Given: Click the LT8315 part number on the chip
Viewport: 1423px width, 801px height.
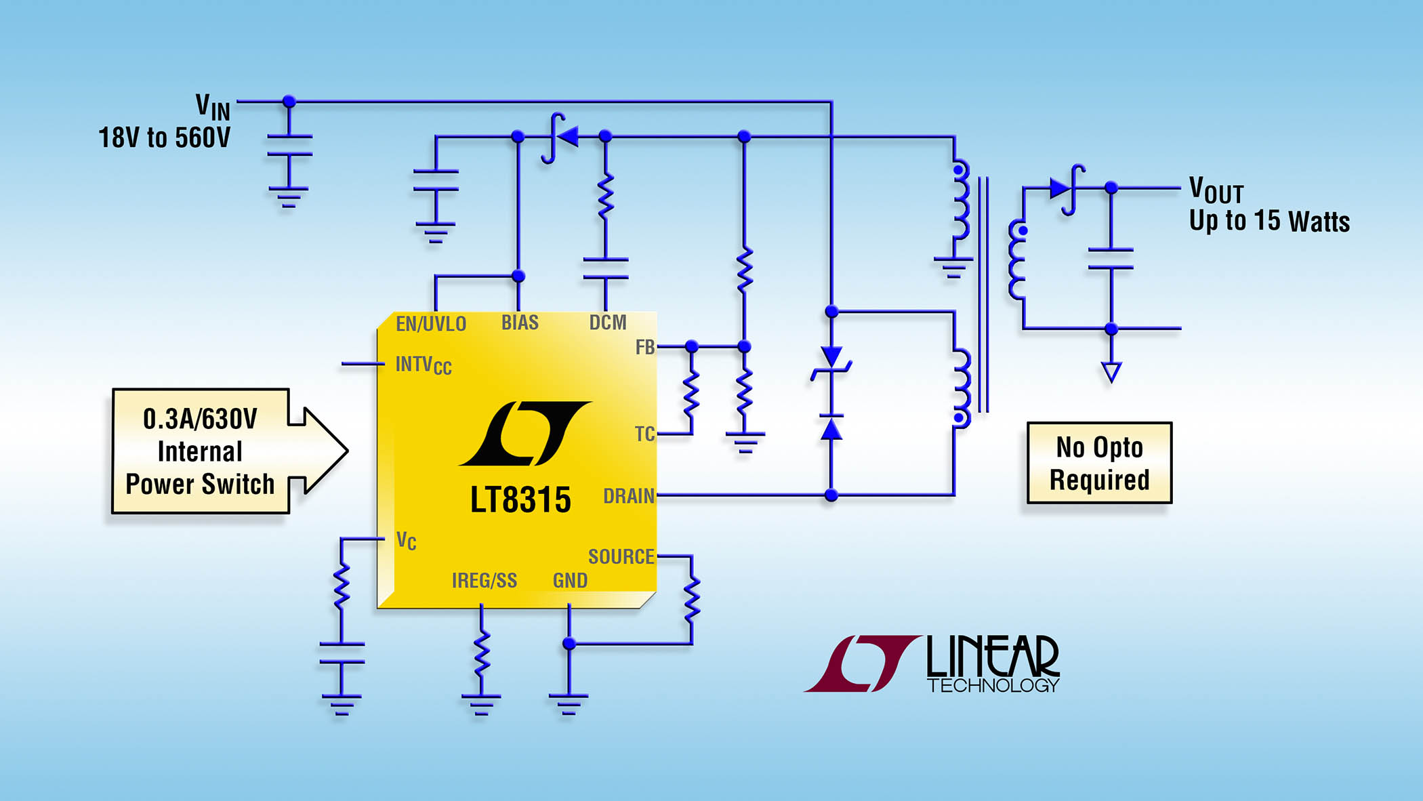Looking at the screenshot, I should point(520,500).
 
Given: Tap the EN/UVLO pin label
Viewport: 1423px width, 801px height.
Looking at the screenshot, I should point(431,324).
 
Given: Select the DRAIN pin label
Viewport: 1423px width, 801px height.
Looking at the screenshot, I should point(629,496).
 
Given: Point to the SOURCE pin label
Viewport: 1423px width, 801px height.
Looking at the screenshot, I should point(621,557).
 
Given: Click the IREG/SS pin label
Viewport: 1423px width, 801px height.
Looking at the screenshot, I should point(484,581).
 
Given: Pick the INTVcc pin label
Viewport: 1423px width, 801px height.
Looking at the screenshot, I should point(423,365).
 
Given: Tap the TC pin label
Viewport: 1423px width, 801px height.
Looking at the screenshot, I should point(644,434).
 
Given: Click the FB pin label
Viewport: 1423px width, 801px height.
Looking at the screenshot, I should point(644,348).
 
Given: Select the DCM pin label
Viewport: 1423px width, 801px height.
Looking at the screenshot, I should point(607,323).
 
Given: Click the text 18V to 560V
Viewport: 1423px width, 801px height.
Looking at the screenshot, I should point(164,138).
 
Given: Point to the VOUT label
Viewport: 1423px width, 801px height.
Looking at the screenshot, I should point(1216,190).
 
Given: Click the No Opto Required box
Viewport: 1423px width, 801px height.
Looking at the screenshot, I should point(1099,464).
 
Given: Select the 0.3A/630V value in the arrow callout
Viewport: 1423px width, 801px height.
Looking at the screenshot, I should point(200,419).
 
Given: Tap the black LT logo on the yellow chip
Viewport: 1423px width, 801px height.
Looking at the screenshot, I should point(524,434).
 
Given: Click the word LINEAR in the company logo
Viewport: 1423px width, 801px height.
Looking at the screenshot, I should point(992,656).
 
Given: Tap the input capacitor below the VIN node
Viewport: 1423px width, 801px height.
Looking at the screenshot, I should point(289,146).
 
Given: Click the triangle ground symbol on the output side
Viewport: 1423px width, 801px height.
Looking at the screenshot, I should point(1111,371).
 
